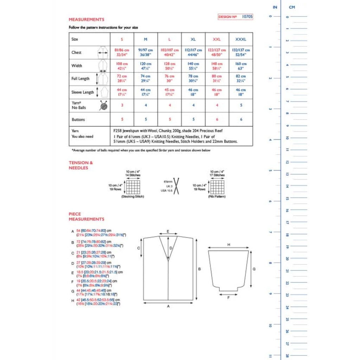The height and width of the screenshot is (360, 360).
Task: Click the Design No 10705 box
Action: pos(235,17)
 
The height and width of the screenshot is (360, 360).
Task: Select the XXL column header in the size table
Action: pos(217,39)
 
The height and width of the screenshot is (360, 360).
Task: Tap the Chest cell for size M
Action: pos(146,52)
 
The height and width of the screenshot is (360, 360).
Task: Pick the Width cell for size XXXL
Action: pos(241,66)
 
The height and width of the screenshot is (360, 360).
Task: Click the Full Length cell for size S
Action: pos(122,78)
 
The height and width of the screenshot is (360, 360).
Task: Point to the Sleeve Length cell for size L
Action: pos(169,92)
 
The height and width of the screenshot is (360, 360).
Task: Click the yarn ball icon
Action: pos(103,105)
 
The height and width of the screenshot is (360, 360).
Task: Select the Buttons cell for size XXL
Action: pos(217,120)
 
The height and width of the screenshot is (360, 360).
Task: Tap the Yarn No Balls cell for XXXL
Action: pos(241,105)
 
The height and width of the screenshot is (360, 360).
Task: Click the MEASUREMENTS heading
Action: pos(86,20)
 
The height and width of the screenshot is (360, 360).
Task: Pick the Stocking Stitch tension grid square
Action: pos(133,187)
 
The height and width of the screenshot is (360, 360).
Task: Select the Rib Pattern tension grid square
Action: pos(217,187)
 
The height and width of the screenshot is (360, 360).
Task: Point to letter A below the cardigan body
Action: pos(168,306)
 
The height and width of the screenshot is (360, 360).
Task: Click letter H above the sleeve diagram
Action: pos(229,244)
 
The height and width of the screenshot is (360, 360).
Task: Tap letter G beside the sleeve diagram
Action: pos(254,269)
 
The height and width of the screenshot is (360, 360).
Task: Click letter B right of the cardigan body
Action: pos(199,269)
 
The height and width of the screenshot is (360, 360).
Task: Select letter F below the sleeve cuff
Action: pos(229,297)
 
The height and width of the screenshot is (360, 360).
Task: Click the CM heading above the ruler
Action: pos(291,7)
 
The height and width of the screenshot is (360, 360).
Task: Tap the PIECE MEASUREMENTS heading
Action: pos(86,217)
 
